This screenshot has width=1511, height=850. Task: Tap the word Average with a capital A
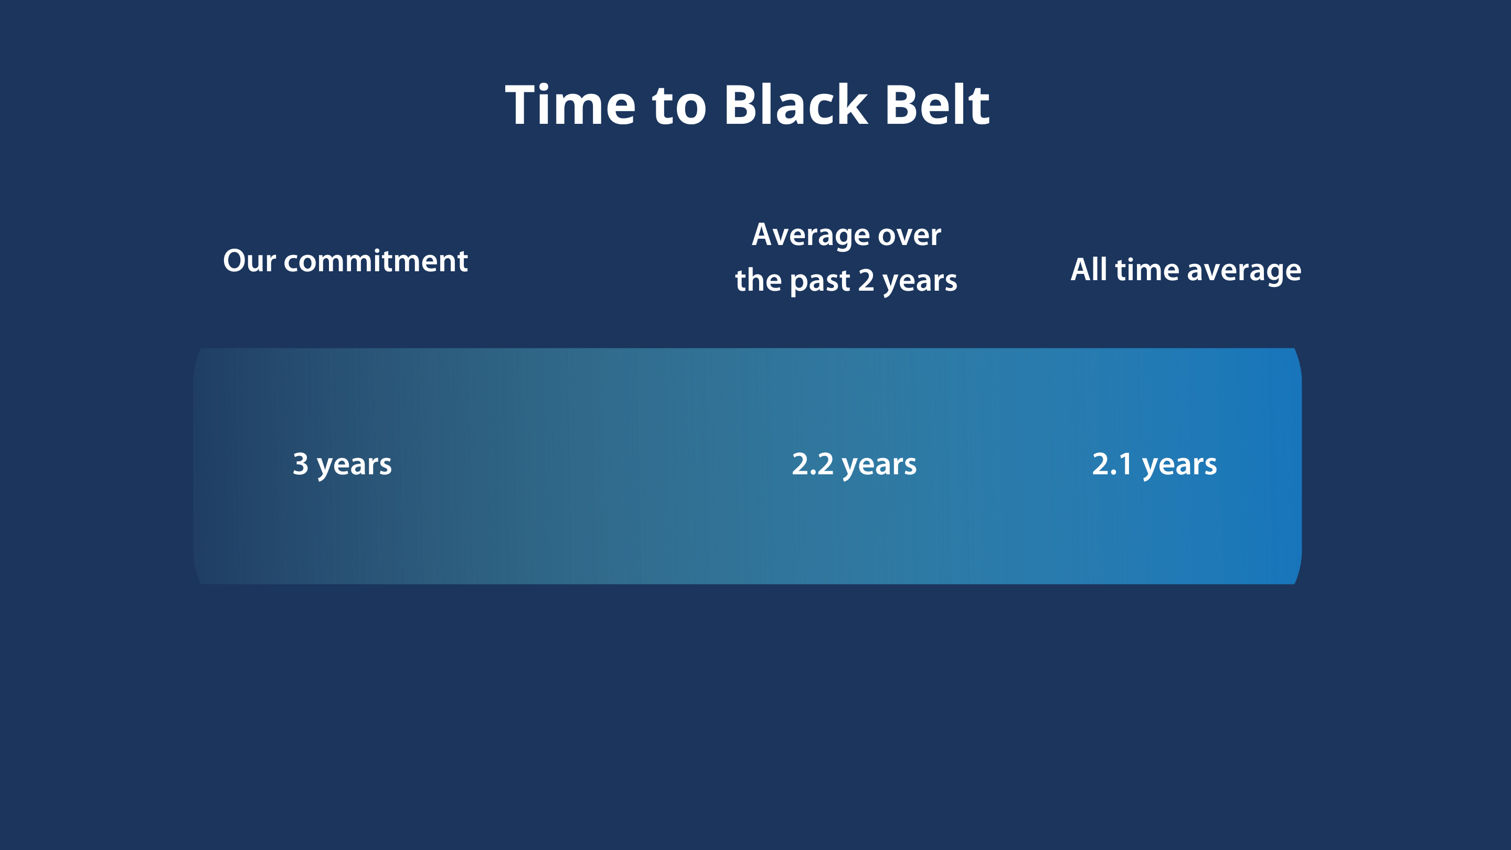tap(811, 236)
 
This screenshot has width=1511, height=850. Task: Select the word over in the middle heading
tap(910, 236)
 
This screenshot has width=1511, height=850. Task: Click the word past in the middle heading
tap(820, 282)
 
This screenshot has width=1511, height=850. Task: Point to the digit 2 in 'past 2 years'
tap(866, 280)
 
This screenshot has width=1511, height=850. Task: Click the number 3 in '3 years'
tap(300, 463)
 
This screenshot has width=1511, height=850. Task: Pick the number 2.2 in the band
tap(812, 463)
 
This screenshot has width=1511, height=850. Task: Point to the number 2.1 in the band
tap(1112, 463)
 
